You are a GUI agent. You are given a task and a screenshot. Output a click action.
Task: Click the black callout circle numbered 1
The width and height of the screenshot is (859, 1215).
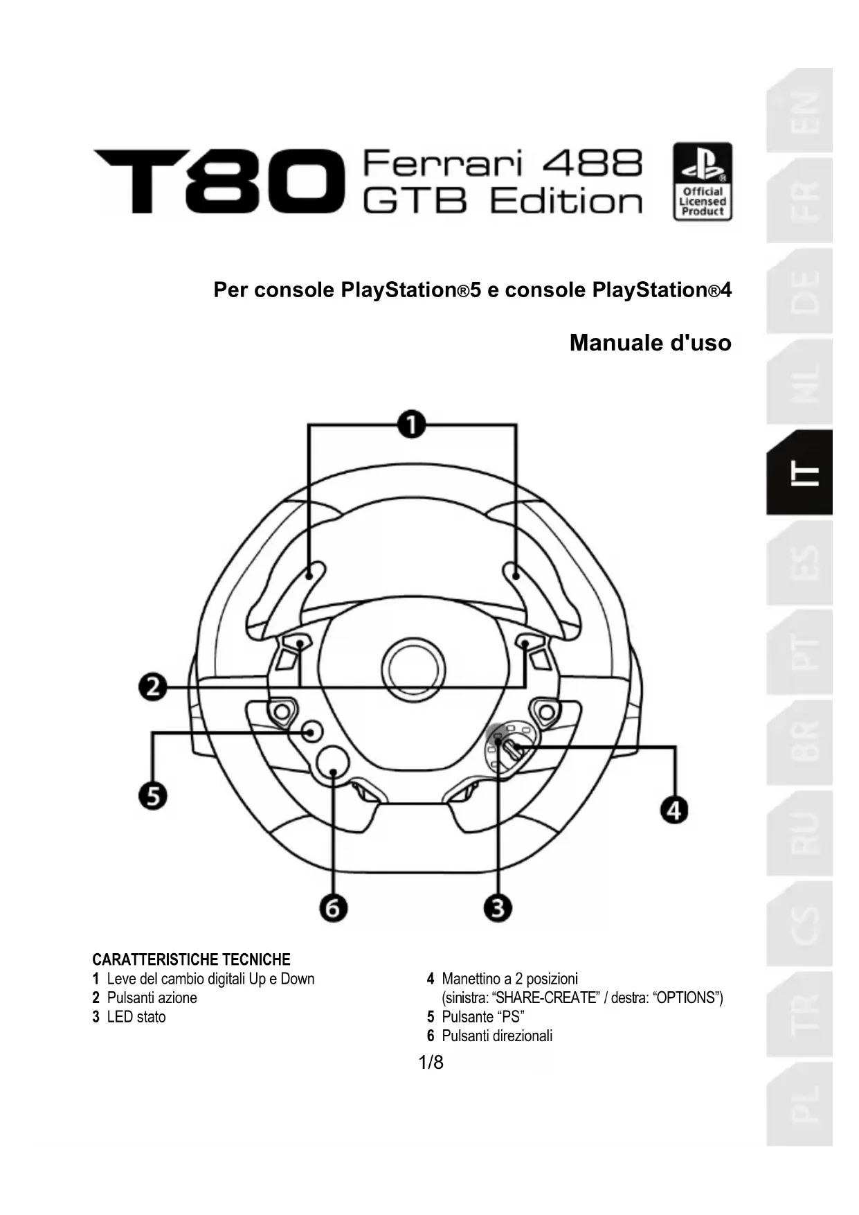tap(412, 424)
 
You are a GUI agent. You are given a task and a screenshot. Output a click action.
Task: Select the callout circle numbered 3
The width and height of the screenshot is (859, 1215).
tap(498, 907)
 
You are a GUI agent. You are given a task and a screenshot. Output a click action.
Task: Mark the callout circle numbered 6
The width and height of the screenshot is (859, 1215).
tap(334, 907)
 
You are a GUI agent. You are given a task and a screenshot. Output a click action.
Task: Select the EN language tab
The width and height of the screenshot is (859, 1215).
tap(800, 111)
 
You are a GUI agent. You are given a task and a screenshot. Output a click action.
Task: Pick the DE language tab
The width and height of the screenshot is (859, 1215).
tap(800, 292)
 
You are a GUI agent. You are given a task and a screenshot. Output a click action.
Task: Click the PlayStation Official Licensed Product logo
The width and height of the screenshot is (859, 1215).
tap(702, 181)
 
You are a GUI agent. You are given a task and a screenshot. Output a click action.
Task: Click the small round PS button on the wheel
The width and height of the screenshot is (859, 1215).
tap(312, 731)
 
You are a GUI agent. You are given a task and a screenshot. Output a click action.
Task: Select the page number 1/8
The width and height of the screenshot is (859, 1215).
tap(431, 1063)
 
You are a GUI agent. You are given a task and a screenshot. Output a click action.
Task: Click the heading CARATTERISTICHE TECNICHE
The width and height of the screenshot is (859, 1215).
tap(191, 959)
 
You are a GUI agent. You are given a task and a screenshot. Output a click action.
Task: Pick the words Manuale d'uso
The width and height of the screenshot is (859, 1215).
tap(650, 343)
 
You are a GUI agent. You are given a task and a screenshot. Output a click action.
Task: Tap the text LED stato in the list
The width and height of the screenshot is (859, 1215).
tap(136, 1017)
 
